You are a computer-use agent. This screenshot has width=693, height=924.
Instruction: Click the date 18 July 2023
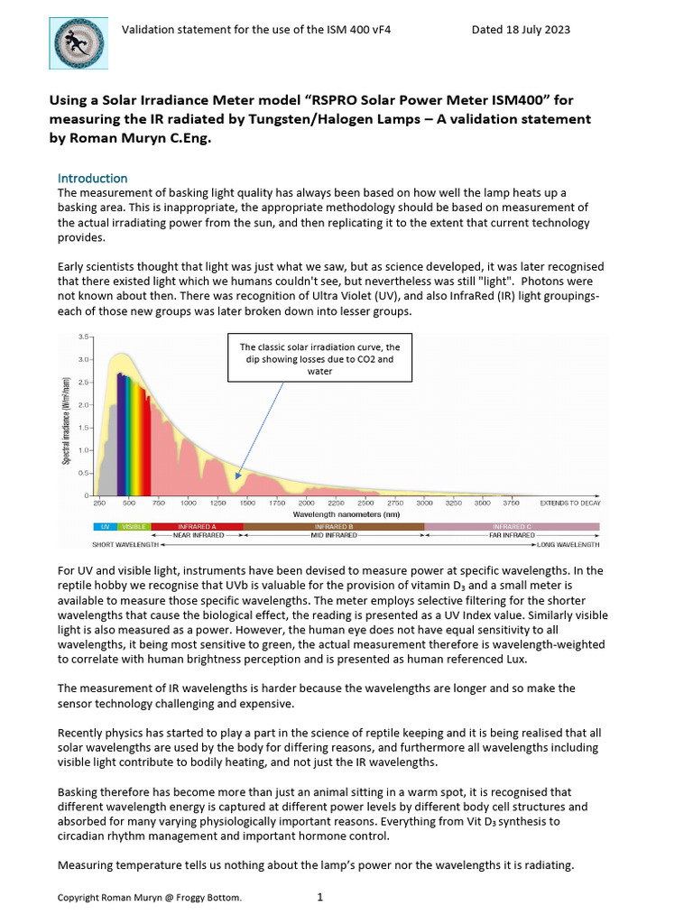point(521,30)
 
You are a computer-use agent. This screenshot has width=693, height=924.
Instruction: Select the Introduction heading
point(93,179)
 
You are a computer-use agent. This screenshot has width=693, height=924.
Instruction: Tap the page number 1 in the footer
point(320,898)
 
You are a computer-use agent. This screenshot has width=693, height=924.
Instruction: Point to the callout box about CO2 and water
point(319,358)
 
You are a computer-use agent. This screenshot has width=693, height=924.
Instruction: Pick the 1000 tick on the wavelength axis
point(189,503)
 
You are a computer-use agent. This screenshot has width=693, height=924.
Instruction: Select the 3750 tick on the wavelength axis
point(512,503)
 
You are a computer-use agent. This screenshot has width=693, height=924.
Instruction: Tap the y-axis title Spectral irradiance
point(67,416)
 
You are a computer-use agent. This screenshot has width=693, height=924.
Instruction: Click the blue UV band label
point(105,526)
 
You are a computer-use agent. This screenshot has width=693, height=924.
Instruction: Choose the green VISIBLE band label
point(134,526)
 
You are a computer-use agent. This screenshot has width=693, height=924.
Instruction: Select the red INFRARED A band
point(197,526)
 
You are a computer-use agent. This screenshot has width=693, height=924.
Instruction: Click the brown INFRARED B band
point(333,526)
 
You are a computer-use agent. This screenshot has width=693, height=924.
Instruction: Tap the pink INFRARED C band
point(512,526)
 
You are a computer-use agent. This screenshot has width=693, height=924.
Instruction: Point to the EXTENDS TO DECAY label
point(570,503)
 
